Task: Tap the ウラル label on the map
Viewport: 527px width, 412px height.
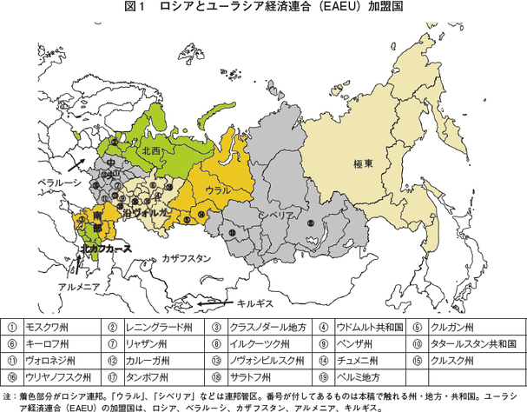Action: (x=217, y=189)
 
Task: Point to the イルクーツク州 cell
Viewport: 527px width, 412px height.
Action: (x=257, y=343)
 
